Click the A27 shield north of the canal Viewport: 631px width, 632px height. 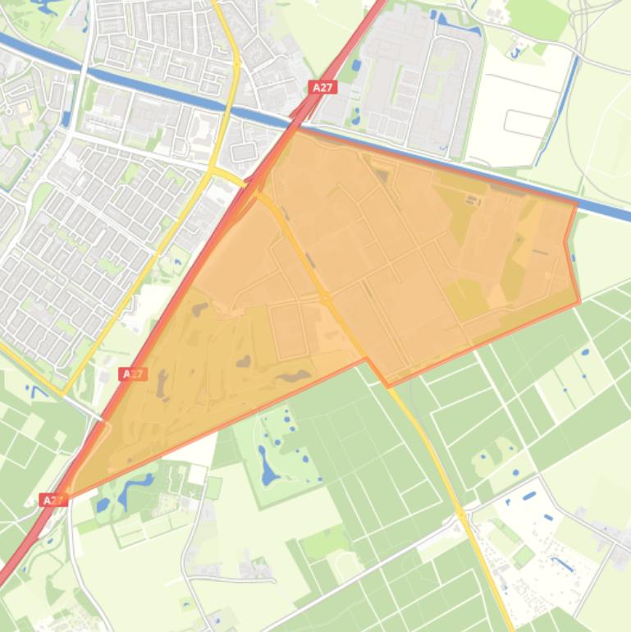pos(322,87)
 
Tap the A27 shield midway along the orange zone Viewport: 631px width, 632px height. pos(132,374)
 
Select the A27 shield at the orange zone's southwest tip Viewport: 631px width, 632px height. pos(53,499)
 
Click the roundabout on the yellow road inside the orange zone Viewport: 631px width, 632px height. pos(326,297)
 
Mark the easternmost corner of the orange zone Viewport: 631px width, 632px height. pos(579,301)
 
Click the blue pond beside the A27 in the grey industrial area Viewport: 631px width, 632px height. pos(354,65)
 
